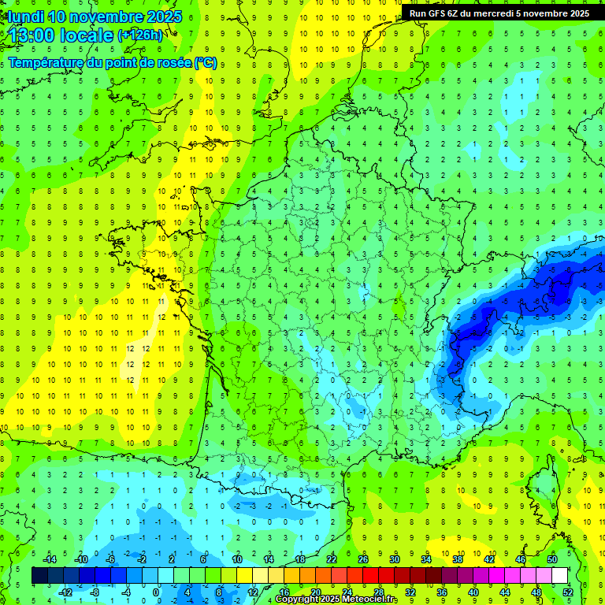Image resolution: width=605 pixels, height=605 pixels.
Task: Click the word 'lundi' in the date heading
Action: tap(25, 17)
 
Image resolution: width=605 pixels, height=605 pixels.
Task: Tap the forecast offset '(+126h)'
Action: tap(140, 35)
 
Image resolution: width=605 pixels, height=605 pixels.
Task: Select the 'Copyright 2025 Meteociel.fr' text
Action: tap(337, 599)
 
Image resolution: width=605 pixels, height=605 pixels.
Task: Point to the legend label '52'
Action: tap(567, 592)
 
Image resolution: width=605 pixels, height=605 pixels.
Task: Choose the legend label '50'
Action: tap(551, 559)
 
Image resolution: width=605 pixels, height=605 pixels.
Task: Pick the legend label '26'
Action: tap(363, 559)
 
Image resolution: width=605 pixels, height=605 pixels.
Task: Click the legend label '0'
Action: tap(156, 592)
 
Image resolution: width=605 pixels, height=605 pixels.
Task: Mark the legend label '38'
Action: tap(458, 559)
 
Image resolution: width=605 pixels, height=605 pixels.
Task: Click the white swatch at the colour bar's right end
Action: tap(559, 575)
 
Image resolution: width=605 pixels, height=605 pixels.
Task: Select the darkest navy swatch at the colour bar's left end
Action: tap(39, 575)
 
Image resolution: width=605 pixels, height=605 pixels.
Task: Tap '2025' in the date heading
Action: tap(164, 17)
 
